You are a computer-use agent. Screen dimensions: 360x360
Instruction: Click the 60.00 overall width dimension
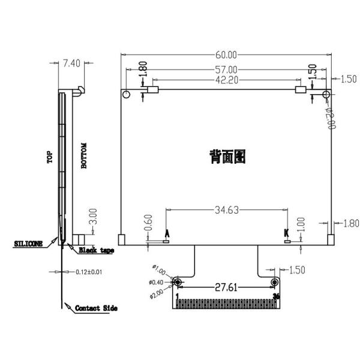click(227, 55)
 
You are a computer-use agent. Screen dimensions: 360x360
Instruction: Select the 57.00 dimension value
click(227, 70)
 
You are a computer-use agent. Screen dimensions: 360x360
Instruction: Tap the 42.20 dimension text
click(227, 80)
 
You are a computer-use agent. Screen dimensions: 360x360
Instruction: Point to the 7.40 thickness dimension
click(71, 62)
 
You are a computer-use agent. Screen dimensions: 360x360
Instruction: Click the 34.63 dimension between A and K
click(227, 210)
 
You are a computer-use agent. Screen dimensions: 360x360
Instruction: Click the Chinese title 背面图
click(227, 157)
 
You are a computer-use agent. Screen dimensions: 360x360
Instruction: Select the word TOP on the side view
click(50, 157)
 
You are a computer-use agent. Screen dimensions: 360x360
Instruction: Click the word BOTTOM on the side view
click(84, 157)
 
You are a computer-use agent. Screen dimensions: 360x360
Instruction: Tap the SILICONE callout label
click(28, 244)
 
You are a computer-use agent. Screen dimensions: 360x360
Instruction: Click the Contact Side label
click(95, 308)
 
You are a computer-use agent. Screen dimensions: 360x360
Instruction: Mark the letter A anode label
click(167, 233)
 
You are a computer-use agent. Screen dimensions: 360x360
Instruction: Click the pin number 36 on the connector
click(276, 295)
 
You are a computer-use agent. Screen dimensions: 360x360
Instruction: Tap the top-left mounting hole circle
click(127, 95)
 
